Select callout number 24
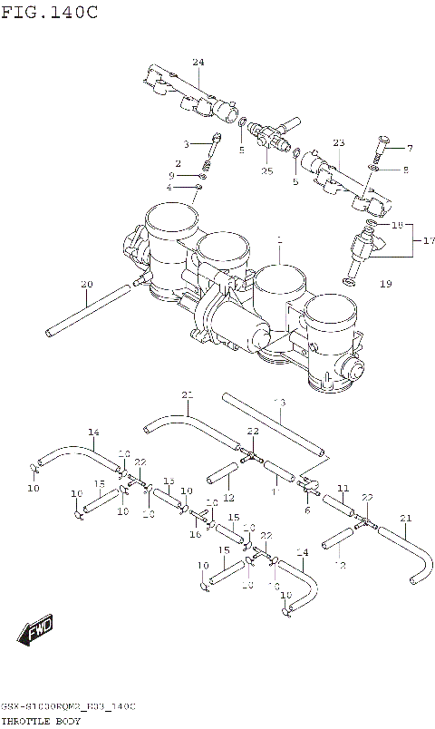pos(198,62)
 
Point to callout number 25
pos(266,170)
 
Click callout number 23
pos(339,143)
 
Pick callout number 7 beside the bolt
pos(409,148)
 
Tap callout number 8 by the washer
pos(405,169)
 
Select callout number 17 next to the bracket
pos(429,240)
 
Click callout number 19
pos(385,284)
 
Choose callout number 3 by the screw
pos(186,144)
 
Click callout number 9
pos(170,175)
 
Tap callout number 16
pos(195,535)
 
